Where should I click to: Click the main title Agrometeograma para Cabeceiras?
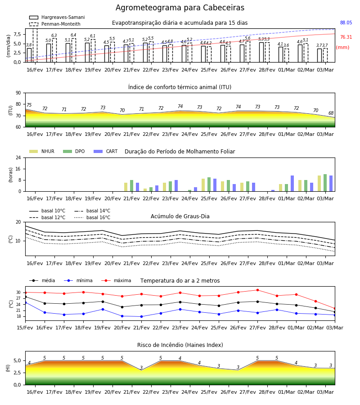[x=180, y=8]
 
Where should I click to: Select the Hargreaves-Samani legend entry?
[x=57, y=17]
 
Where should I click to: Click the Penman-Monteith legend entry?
[x=55, y=24]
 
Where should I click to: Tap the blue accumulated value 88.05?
[x=346, y=23]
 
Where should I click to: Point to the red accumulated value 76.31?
[x=346, y=37]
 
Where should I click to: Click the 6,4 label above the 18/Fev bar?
[x=73, y=35]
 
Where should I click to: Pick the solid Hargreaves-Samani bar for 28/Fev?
[x=261, y=52]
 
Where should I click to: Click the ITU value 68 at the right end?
[x=331, y=113]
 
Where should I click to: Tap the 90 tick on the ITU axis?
[x=18, y=93]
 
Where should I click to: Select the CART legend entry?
[x=106, y=151]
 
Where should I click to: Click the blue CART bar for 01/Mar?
[x=292, y=184]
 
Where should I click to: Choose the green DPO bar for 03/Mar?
[x=325, y=183]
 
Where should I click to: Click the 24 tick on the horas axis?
[x=18, y=157]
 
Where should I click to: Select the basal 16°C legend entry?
[x=92, y=218]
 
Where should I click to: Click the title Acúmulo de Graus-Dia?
[x=180, y=216]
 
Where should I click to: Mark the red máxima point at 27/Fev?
[x=257, y=290]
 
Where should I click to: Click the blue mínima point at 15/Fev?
[x=25, y=302]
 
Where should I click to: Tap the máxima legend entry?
[x=116, y=280]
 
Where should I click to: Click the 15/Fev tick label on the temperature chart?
[x=25, y=328]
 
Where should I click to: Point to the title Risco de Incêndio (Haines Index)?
[x=180, y=345]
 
